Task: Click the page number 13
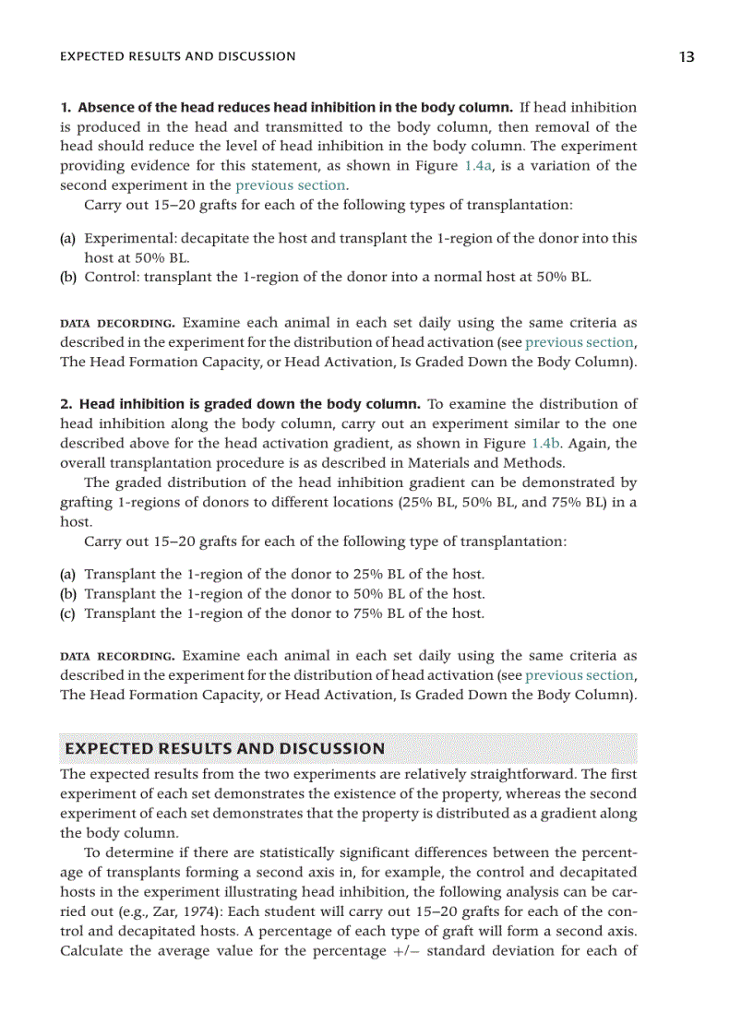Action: click(x=686, y=56)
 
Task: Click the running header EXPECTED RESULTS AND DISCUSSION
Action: click(x=177, y=56)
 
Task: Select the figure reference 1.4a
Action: click(x=476, y=166)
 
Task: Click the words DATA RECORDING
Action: click(x=117, y=657)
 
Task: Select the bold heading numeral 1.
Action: click(x=66, y=108)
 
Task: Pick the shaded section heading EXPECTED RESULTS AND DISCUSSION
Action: click(x=222, y=748)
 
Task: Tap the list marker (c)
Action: click(x=67, y=613)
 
